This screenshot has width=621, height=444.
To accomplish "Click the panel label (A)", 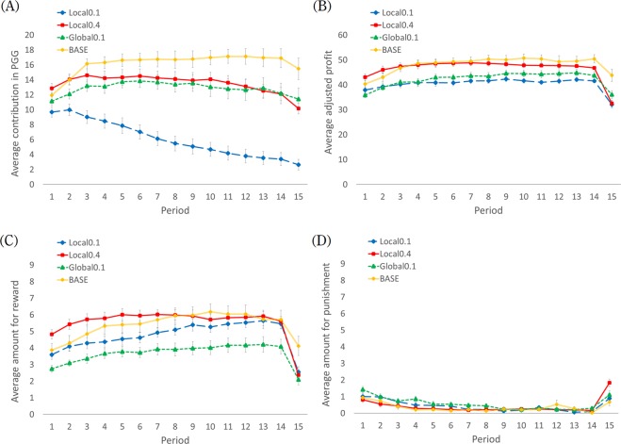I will click(x=13, y=8).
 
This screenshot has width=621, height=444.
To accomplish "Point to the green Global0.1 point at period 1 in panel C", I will click(x=52, y=369).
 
